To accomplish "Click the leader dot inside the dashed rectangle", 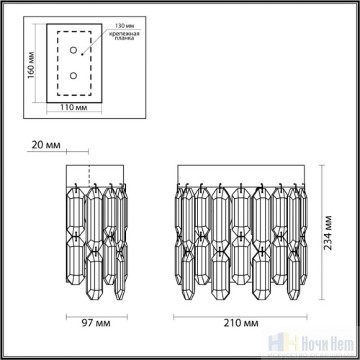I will [x=83, y=52].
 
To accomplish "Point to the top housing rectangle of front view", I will [x=238, y=175].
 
